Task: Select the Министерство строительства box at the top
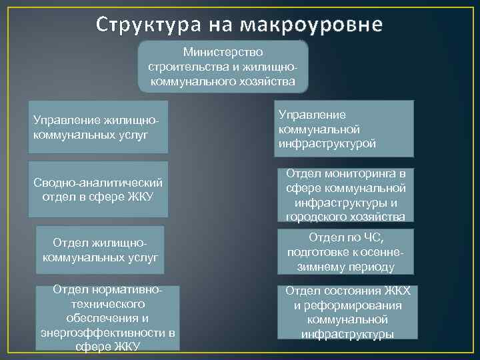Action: pos(223,66)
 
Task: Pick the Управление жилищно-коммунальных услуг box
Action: pos(98,127)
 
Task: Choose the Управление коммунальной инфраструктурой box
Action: pos(345,128)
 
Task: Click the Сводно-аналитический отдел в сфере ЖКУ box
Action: pos(98,189)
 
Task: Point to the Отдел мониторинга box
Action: pos(345,195)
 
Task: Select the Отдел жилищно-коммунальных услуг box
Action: pos(101,248)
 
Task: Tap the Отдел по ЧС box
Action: pos(345,252)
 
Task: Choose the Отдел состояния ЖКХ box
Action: pos(347,312)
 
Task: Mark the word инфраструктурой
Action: pos(327,143)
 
